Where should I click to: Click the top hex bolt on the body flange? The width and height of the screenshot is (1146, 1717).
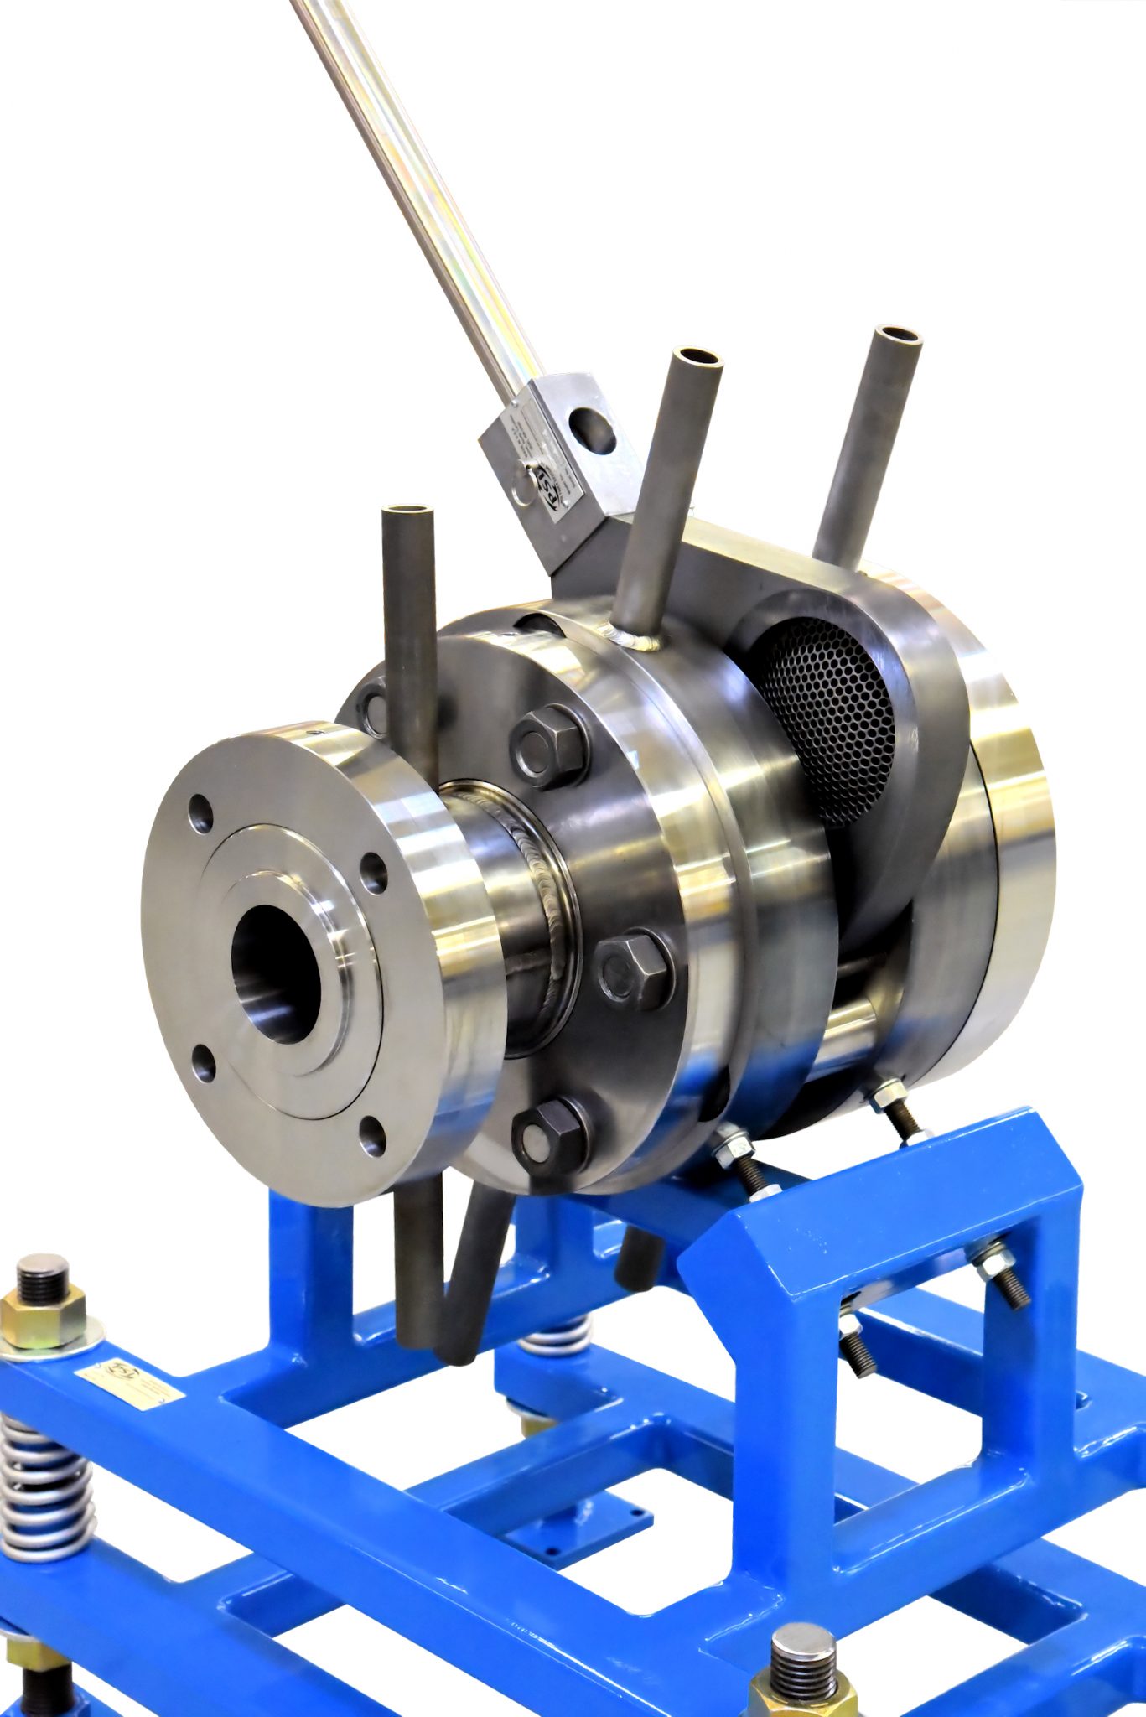pos(549,744)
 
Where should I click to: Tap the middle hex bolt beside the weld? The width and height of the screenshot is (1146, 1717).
pos(632,971)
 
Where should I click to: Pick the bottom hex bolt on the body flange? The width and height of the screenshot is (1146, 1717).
pos(550,1137)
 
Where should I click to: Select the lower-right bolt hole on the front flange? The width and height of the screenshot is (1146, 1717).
pos(371,1139)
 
